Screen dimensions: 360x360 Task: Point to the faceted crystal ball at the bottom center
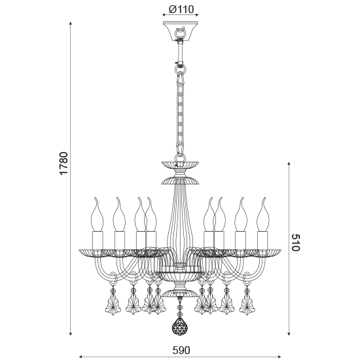tap(179, 325)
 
